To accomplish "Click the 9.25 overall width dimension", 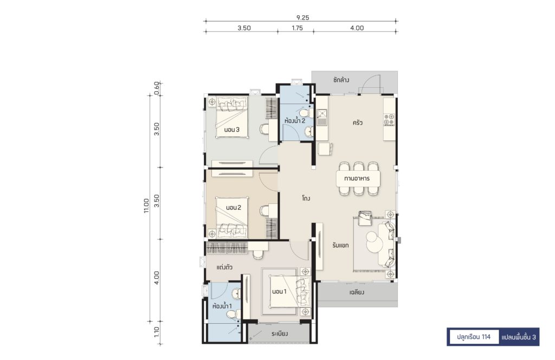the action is pos(302,17).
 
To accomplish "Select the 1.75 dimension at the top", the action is pos(297,28).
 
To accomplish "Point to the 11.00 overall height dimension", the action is pos(146,205).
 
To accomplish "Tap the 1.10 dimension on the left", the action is pos(157,332).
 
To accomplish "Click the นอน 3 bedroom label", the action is pos(232,130).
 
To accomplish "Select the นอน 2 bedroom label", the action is pos(233,208).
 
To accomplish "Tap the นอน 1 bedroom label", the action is pos(279,292).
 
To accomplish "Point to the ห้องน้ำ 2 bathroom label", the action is pos(294,121).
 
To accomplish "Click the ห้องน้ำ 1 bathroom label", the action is pos(222,306).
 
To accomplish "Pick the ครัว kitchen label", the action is pos(357,123).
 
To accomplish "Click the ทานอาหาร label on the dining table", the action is pos(357,178).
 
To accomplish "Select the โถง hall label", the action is pos(306,198).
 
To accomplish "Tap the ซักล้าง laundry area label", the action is pos(341,80).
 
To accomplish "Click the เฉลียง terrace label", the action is pos(357,293).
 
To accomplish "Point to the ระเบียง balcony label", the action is pos(280,334).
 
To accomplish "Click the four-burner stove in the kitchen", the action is pos(389,120).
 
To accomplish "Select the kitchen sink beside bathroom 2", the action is pos(322,118).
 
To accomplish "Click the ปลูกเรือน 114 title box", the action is pos(473,337).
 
